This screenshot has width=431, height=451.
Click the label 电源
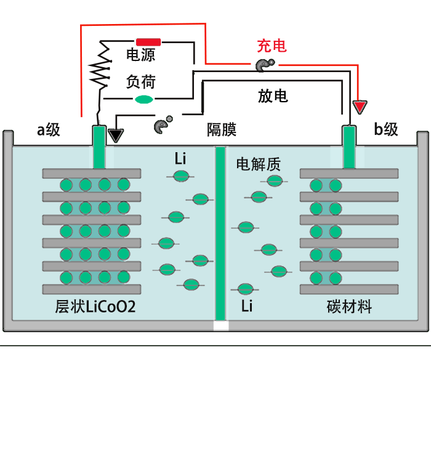click(x=140, y=55)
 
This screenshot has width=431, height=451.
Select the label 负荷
click(x=140, y=81)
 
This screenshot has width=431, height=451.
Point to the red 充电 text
click(x=271, y=46)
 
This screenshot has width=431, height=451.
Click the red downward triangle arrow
click(x=360, y=107)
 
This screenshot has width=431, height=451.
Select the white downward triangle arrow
click(x=116, y=135)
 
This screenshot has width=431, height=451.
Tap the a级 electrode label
click(x=49, y=130)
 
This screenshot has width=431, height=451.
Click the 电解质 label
click(x=259, y=164)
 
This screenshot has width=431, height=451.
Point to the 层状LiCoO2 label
click(x=95, y=306)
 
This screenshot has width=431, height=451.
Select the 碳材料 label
click(x=349, y=306)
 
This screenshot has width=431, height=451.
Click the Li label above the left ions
click(x=180, y=159)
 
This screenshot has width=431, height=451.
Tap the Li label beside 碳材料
click(x=247, y=306)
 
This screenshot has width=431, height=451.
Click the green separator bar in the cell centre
click(x=220, y=234)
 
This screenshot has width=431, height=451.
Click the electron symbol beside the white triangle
click(x=162, y=126)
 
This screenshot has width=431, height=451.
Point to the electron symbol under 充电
click(x=264, y=65)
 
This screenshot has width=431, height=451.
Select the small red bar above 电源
click(x=148, y=43)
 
